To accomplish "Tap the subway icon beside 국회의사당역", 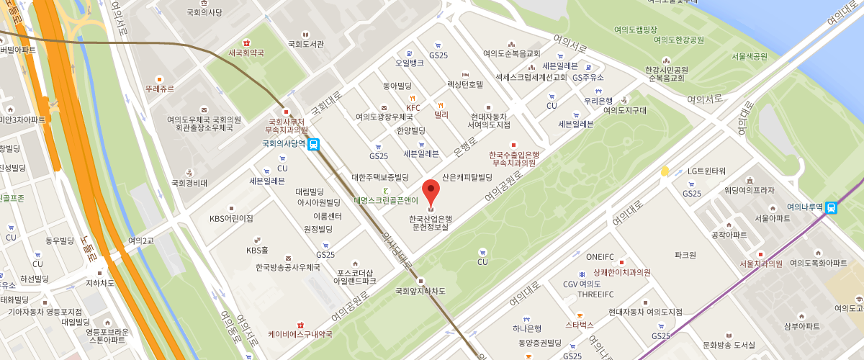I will point(314,144).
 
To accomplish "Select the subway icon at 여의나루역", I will point(832,207).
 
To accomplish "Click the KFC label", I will point(413,108).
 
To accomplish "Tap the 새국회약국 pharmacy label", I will point(246,53).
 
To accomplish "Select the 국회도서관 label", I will point(305,44).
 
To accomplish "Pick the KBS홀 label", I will point(257,250).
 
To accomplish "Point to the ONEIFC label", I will point(600,257).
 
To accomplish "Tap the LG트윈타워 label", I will point(706,171).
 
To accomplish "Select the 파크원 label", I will point(685,255).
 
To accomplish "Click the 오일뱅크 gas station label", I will point(409,63).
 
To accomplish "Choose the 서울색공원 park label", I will point(749,56).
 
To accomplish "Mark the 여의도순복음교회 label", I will point(511,53).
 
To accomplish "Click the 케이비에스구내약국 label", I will point(300,334).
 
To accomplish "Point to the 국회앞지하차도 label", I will point(421,291).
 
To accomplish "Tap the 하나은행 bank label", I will point(527,328).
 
